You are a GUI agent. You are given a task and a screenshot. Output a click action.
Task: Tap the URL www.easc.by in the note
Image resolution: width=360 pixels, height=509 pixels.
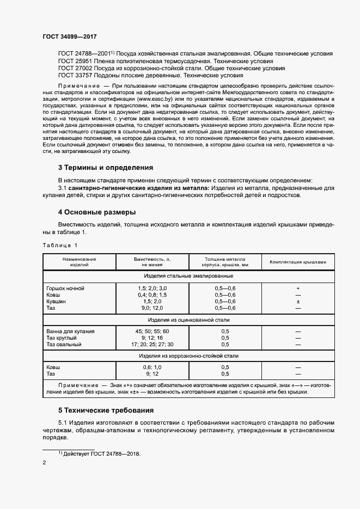tap(156, 100)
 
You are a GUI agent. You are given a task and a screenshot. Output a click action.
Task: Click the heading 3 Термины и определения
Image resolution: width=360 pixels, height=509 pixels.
tap(106, 168)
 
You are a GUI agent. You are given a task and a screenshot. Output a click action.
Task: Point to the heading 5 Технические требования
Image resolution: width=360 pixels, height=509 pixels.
tap(106, 410)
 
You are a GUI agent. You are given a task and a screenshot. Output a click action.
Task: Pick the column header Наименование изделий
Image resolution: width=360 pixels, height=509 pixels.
tap(79, 262)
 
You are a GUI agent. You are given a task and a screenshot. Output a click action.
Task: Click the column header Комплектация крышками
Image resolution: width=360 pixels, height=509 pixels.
tap(298, 262)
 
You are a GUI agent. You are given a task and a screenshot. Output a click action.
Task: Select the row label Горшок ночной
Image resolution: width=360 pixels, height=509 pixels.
tap(65, 287)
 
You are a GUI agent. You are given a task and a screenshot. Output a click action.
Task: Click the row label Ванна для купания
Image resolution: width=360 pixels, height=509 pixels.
tap(71, 331)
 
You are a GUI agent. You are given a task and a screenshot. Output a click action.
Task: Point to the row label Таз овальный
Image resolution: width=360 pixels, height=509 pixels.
tap(64, 345)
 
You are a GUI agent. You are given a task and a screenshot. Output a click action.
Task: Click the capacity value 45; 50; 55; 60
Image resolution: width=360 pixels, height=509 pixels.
tap(152, 331)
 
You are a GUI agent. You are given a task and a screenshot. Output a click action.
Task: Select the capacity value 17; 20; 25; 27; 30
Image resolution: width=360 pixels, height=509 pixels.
tap(152, 345)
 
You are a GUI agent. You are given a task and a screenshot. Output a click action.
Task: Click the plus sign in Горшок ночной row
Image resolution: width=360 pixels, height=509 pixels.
tap(298, 287)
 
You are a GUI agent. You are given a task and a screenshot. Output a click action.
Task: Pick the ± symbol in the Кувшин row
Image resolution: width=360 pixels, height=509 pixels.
tap(298, 301)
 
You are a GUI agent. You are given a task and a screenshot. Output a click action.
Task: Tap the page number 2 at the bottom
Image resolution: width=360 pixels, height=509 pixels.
tap(45, 463)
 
